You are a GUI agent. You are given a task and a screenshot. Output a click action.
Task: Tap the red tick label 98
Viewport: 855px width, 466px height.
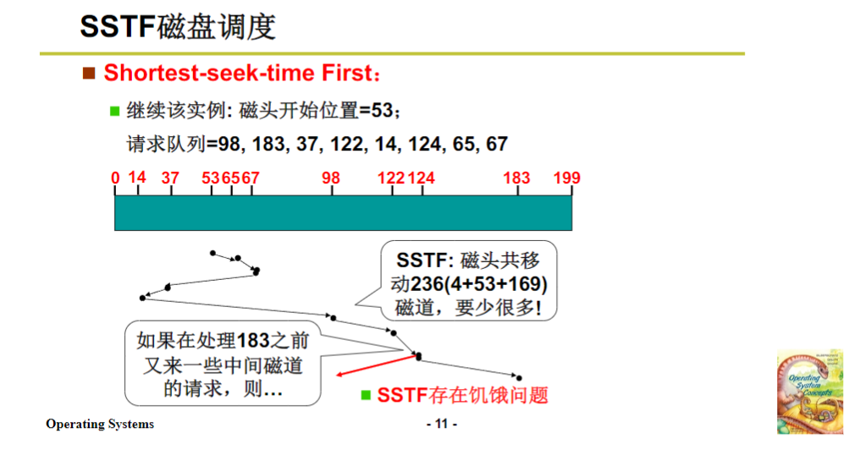coord(331,178)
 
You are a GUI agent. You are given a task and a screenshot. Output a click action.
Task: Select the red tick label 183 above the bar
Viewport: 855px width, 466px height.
coord(516,178)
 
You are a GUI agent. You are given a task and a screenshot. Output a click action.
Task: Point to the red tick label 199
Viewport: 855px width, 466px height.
coord(566,178)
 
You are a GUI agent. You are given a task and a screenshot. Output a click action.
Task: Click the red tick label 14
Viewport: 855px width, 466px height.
coord(137,178)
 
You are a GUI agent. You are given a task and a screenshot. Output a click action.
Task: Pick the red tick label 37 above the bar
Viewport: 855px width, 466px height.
coord(170,178)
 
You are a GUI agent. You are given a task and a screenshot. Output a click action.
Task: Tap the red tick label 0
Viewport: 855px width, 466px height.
coord(115,178)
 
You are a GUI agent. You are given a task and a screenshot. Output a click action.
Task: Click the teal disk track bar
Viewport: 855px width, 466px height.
coord(343,212)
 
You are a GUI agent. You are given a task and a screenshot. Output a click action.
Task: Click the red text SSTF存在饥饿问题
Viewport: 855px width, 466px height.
coord(462,395)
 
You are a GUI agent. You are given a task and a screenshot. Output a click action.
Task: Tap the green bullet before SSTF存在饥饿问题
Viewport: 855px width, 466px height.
coord(366,395)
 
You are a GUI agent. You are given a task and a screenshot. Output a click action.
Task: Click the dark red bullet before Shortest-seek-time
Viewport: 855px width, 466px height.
coord(89,74)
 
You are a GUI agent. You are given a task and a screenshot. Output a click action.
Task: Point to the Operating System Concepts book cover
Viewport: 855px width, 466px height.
coord(809,392)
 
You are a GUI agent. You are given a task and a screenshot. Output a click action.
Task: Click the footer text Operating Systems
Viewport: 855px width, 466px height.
coord(100,424)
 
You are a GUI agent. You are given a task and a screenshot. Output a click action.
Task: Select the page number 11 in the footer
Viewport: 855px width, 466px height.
coord(440,424)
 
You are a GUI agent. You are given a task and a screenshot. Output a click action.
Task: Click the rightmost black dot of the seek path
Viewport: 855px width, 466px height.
coord(518,378)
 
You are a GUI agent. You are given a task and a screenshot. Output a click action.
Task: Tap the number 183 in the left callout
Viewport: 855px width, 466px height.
coord(253,341)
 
